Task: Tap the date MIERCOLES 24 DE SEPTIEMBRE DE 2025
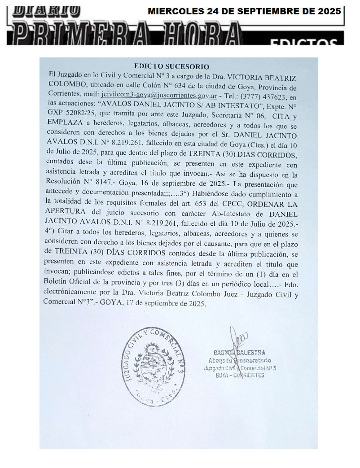tap(244, 12)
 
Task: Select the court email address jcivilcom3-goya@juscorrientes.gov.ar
tap(159, 95)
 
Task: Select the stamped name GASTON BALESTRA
tap(239, 353)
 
